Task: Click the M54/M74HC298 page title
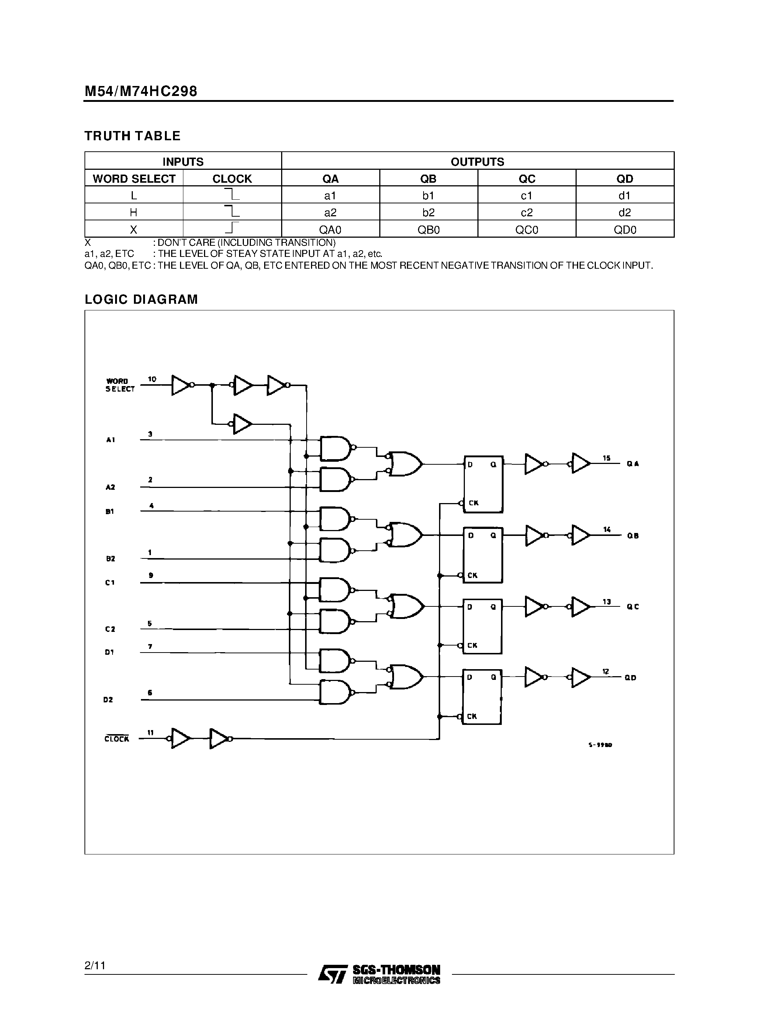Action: (x=141, y=91)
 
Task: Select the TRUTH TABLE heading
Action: (x=132, y=136)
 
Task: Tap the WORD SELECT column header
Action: (x=134, y=179)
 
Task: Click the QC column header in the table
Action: (x=527, y=179)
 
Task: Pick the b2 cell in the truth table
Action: (x=428, y=212)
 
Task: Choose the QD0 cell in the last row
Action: (x=625, y=230)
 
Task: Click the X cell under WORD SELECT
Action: (x=134, y=230)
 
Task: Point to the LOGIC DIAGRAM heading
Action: (x=141, y=299)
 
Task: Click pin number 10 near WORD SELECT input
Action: (x=152, y=379)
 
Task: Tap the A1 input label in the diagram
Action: (x=111, y=440)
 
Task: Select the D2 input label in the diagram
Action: (x=108, y=699)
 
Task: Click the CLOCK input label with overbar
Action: (x=117, y=739)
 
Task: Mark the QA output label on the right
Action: (x=633, y=464)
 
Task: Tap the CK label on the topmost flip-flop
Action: (x=473, y=503)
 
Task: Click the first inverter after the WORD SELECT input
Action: (x=181, y=385)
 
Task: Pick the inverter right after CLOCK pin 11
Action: (x=180, y=738)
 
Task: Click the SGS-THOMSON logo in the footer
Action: (x=379, y=974)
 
